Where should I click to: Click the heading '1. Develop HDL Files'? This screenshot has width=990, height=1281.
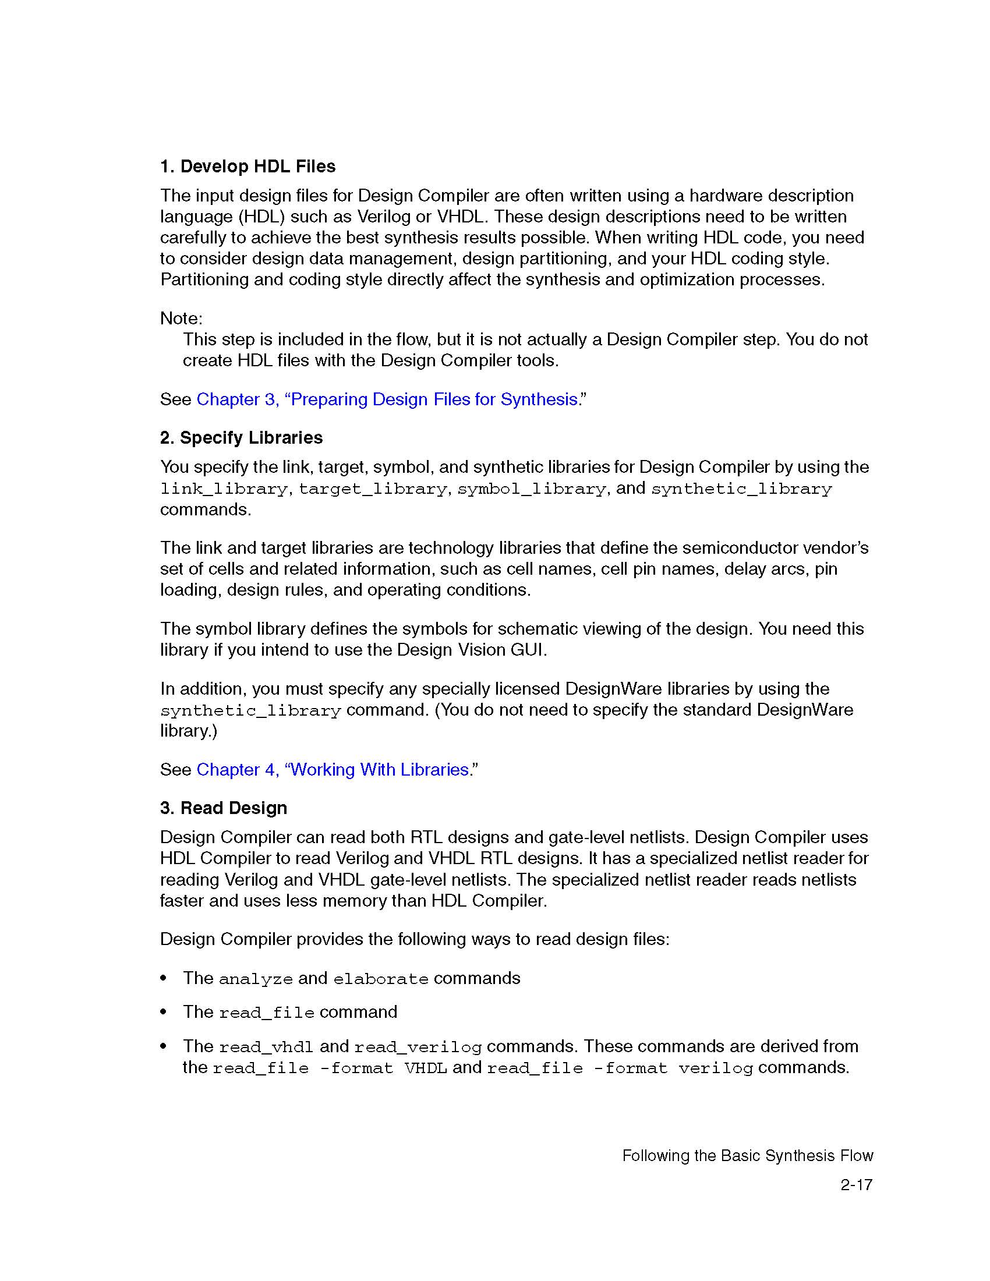[x=248, y=167]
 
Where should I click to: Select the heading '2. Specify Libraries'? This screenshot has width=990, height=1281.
[x=241, y=437]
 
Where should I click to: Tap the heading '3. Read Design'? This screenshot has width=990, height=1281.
[x=224, y=808]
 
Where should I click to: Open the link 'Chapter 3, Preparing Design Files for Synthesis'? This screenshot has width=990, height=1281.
[x=387, y=399]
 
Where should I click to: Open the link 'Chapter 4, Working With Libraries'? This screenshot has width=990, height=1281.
[x=333, y=770]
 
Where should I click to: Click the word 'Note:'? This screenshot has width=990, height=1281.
[x=181, y=319]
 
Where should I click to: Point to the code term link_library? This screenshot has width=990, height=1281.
[x=224, y=489]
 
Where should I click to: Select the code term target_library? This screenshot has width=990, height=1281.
[x=373, y=489]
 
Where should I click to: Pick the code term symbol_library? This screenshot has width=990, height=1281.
[x=531, y=489]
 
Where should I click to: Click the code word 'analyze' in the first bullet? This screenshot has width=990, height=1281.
[x=255, y=979]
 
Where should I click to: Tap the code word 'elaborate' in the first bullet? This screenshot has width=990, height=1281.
[x=381, y=979]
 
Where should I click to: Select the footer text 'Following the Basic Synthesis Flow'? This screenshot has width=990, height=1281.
[x=747, y=1156]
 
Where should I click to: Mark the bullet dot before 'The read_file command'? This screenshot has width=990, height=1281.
[x=164, y=1013]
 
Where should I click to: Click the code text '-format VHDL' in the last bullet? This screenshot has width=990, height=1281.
[x=384, y=1068]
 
